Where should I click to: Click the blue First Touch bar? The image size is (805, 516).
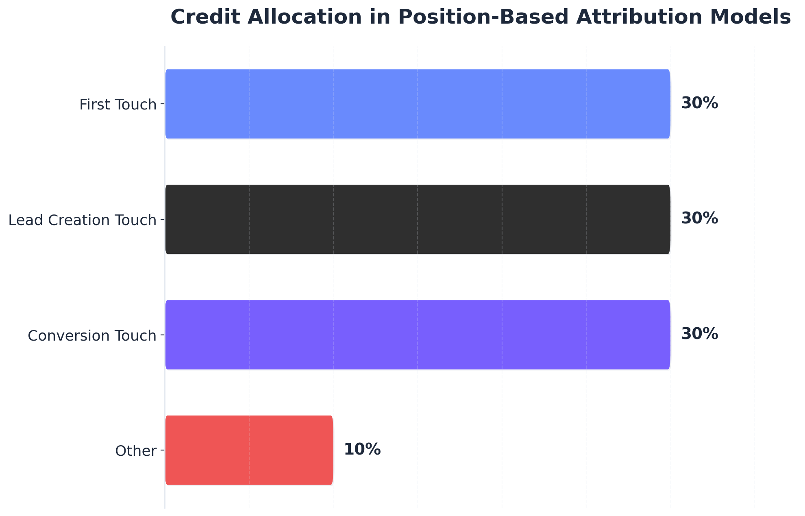[x=418, y=104]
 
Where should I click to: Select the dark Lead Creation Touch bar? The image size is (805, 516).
[x=418, y=219]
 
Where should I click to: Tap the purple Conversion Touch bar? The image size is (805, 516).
[x=418, y=335]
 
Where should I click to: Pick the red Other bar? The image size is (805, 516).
[x=249, y=450]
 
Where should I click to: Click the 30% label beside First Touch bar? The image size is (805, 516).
[x=699, y=104]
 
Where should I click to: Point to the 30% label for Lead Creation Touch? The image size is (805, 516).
[x=699, y=219]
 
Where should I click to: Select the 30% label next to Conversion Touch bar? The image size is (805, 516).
[x=699, y=335]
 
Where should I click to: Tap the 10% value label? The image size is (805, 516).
[x=362, y=450]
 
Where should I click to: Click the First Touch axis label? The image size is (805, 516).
[x=118, y=105]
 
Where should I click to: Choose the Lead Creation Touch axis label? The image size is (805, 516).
[x=82, y=220]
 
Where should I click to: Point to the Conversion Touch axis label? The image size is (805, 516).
[x=92, y=336]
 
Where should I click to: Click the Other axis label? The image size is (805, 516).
[x=136, y=451]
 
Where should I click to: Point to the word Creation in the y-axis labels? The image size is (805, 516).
[x=74, y=220]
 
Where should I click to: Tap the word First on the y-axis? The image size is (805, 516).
[x=93, y=105]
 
